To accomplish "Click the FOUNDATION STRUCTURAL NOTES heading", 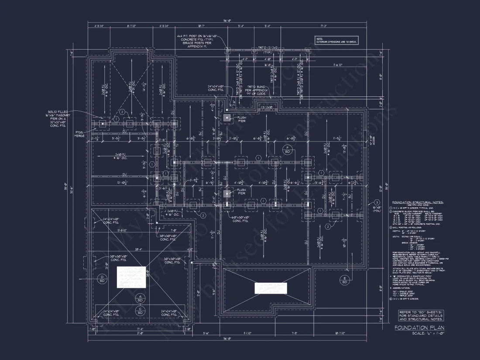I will [x=418, y=202].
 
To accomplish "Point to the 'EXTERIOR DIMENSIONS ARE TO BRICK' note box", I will [x=336, y=40].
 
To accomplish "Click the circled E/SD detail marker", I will [x=344, y=280].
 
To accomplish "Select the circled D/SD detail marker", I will [x=102, y=279].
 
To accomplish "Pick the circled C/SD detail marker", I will [x=140, y=310].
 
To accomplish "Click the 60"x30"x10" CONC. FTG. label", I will [x=243, y=219].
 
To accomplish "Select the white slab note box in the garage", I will [x=131, y=277].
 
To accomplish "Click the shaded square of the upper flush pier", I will [x=227, y=118].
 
